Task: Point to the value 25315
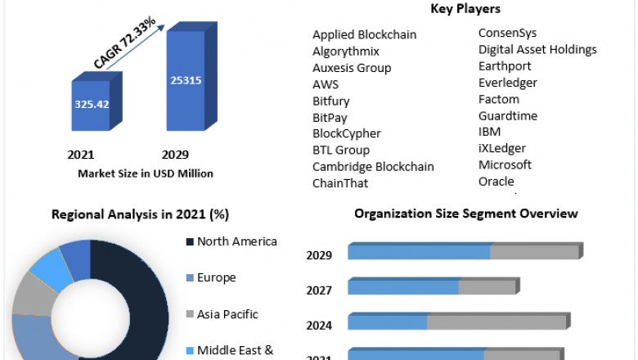pos(186,80)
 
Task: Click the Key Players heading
pos(465,9)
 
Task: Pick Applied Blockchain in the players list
pos(364,34)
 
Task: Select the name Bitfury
pos(330,101)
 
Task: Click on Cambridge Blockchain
pos(373,166)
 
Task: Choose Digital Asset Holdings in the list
pos(537,50)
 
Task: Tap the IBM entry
pos(489,132)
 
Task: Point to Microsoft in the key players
pos(505,164)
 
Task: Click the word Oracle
pos(496,181)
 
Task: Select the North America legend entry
pos(236,241)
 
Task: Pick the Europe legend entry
pos(216,277)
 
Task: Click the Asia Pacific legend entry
pos(227,314)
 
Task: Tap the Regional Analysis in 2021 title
pos(140,214)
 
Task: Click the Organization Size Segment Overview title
pos(465,214)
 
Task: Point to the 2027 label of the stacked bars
pos(319,290)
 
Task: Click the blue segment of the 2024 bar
pos(388,322)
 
